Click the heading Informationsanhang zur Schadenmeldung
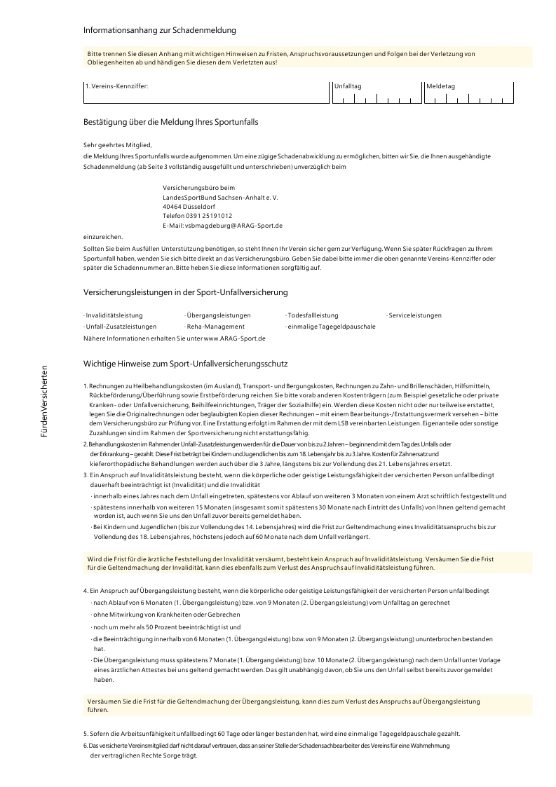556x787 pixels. pyautogui.click(x=159, y=30)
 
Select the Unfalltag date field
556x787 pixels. pyautogui.click(x=375, y=97)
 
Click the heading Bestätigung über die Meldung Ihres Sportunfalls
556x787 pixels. pyautogui.click(x=170, y=122)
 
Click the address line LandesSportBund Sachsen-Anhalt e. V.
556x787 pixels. pyautogui.click(x=220, y=198)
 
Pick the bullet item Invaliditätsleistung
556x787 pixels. pyautogui.click(x=114, y=315)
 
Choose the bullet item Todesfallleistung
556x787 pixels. pyautogui.click(x=312, y=315)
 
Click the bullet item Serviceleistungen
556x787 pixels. pyautogui.click(x=414, y=315)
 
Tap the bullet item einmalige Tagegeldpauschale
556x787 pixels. pyautogui.click(x=331, y=327)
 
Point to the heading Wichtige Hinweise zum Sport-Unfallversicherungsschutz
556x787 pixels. pyautogui.click(x=186, y=364)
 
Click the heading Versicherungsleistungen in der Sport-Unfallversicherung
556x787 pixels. pyautogui.click(x=185, y=292)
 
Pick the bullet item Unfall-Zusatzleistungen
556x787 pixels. pyautogui.click(x=120, y=327)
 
